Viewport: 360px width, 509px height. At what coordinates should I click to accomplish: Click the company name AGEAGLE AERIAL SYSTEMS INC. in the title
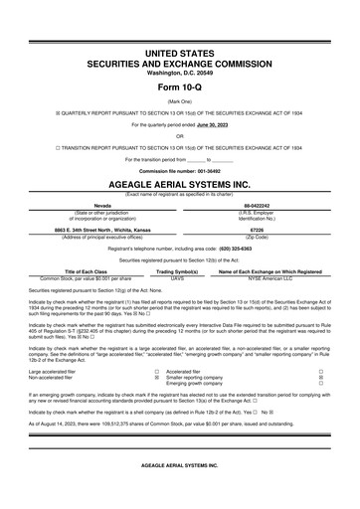click(180, 185)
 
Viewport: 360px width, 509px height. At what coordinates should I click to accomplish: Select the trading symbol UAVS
click(178, 279)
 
